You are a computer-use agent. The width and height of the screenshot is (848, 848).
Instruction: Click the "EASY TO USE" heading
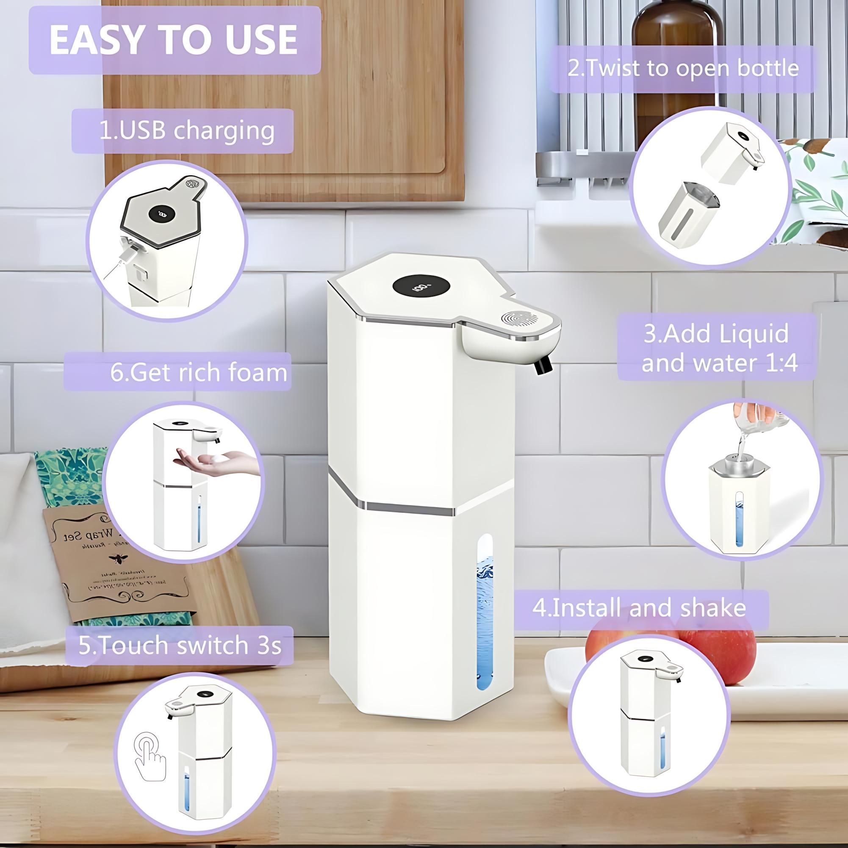pyautogui.click(x=174, y=40)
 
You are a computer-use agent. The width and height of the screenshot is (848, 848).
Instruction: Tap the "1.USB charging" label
pyautogui.click(x=183, y=131)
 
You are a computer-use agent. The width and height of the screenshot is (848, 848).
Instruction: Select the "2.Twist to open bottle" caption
pyautogui.click(x=683, y=69)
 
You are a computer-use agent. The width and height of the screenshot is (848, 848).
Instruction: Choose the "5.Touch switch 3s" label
pyautogui.click(x=180, y=645)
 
